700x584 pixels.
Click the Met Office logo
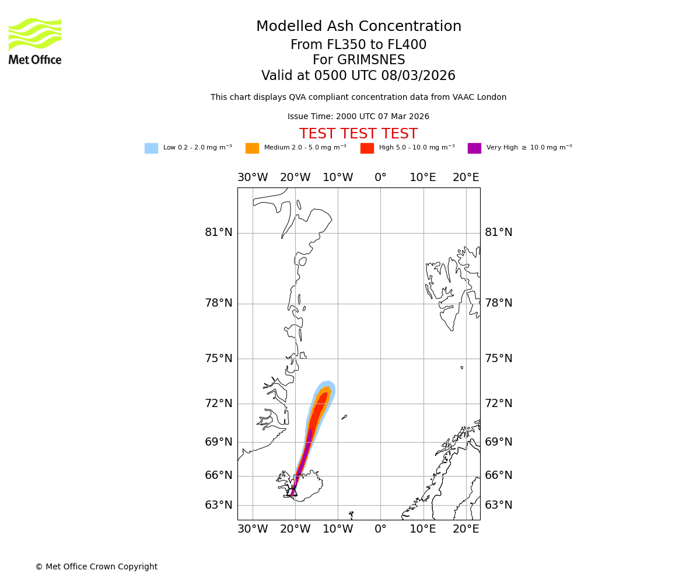[x=35, y=41]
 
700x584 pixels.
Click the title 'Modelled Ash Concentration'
[x=359, y=26]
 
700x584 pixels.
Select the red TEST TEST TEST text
[x=358, y=134]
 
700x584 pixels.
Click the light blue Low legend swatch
[x=151, y=148]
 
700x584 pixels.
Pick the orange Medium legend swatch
[x=252, y=148]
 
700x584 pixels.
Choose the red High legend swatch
[x=367, y=148]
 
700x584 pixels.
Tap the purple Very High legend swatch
[x=474, y=148]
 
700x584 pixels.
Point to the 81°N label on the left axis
[x=218, y=232]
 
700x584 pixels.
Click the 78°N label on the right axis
[x=499, y=303]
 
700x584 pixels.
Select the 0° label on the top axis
[x=380, y=178]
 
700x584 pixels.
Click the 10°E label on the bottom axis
[x=423, y=529]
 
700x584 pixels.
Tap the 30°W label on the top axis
[x=253, y=178]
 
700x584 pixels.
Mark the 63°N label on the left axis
[x=218, y=505]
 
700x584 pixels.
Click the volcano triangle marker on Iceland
[x=293, y=492]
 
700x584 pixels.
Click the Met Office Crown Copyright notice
[x=96, y=566]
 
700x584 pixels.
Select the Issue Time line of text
[x=358, y=117]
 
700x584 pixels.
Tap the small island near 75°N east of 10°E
[x=461, y=367]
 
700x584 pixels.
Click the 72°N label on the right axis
[x=499, y=403]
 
